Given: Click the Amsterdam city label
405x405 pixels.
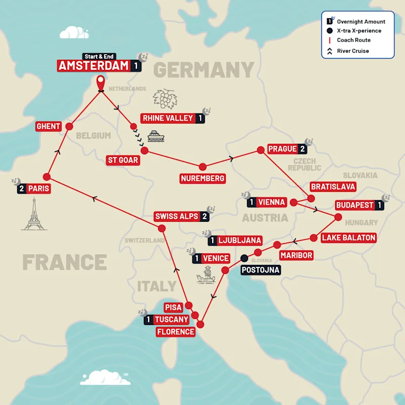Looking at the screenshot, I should click(94, 66).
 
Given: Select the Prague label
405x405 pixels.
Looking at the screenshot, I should click(282, 149).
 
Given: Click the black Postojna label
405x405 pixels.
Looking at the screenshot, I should click(261, 270).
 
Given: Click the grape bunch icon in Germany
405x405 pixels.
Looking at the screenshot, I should click(165, 98).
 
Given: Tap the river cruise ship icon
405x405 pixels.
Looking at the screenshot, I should click(155, 136).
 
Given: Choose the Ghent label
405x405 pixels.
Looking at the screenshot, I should click(49, 126).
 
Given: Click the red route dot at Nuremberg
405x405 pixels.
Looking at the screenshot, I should click(202, 167).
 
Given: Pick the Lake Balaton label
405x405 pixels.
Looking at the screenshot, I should click(348, 237).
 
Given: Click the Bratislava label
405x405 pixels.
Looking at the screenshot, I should click(333, 187).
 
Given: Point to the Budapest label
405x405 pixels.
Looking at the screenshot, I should click(354, 206).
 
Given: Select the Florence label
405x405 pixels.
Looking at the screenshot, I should click(176, 332).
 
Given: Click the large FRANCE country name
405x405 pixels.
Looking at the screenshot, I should click(64, 262).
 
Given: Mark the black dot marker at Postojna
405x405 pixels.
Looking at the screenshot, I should click(245, 258).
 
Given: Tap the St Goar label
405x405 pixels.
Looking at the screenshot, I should click(123, 160).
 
